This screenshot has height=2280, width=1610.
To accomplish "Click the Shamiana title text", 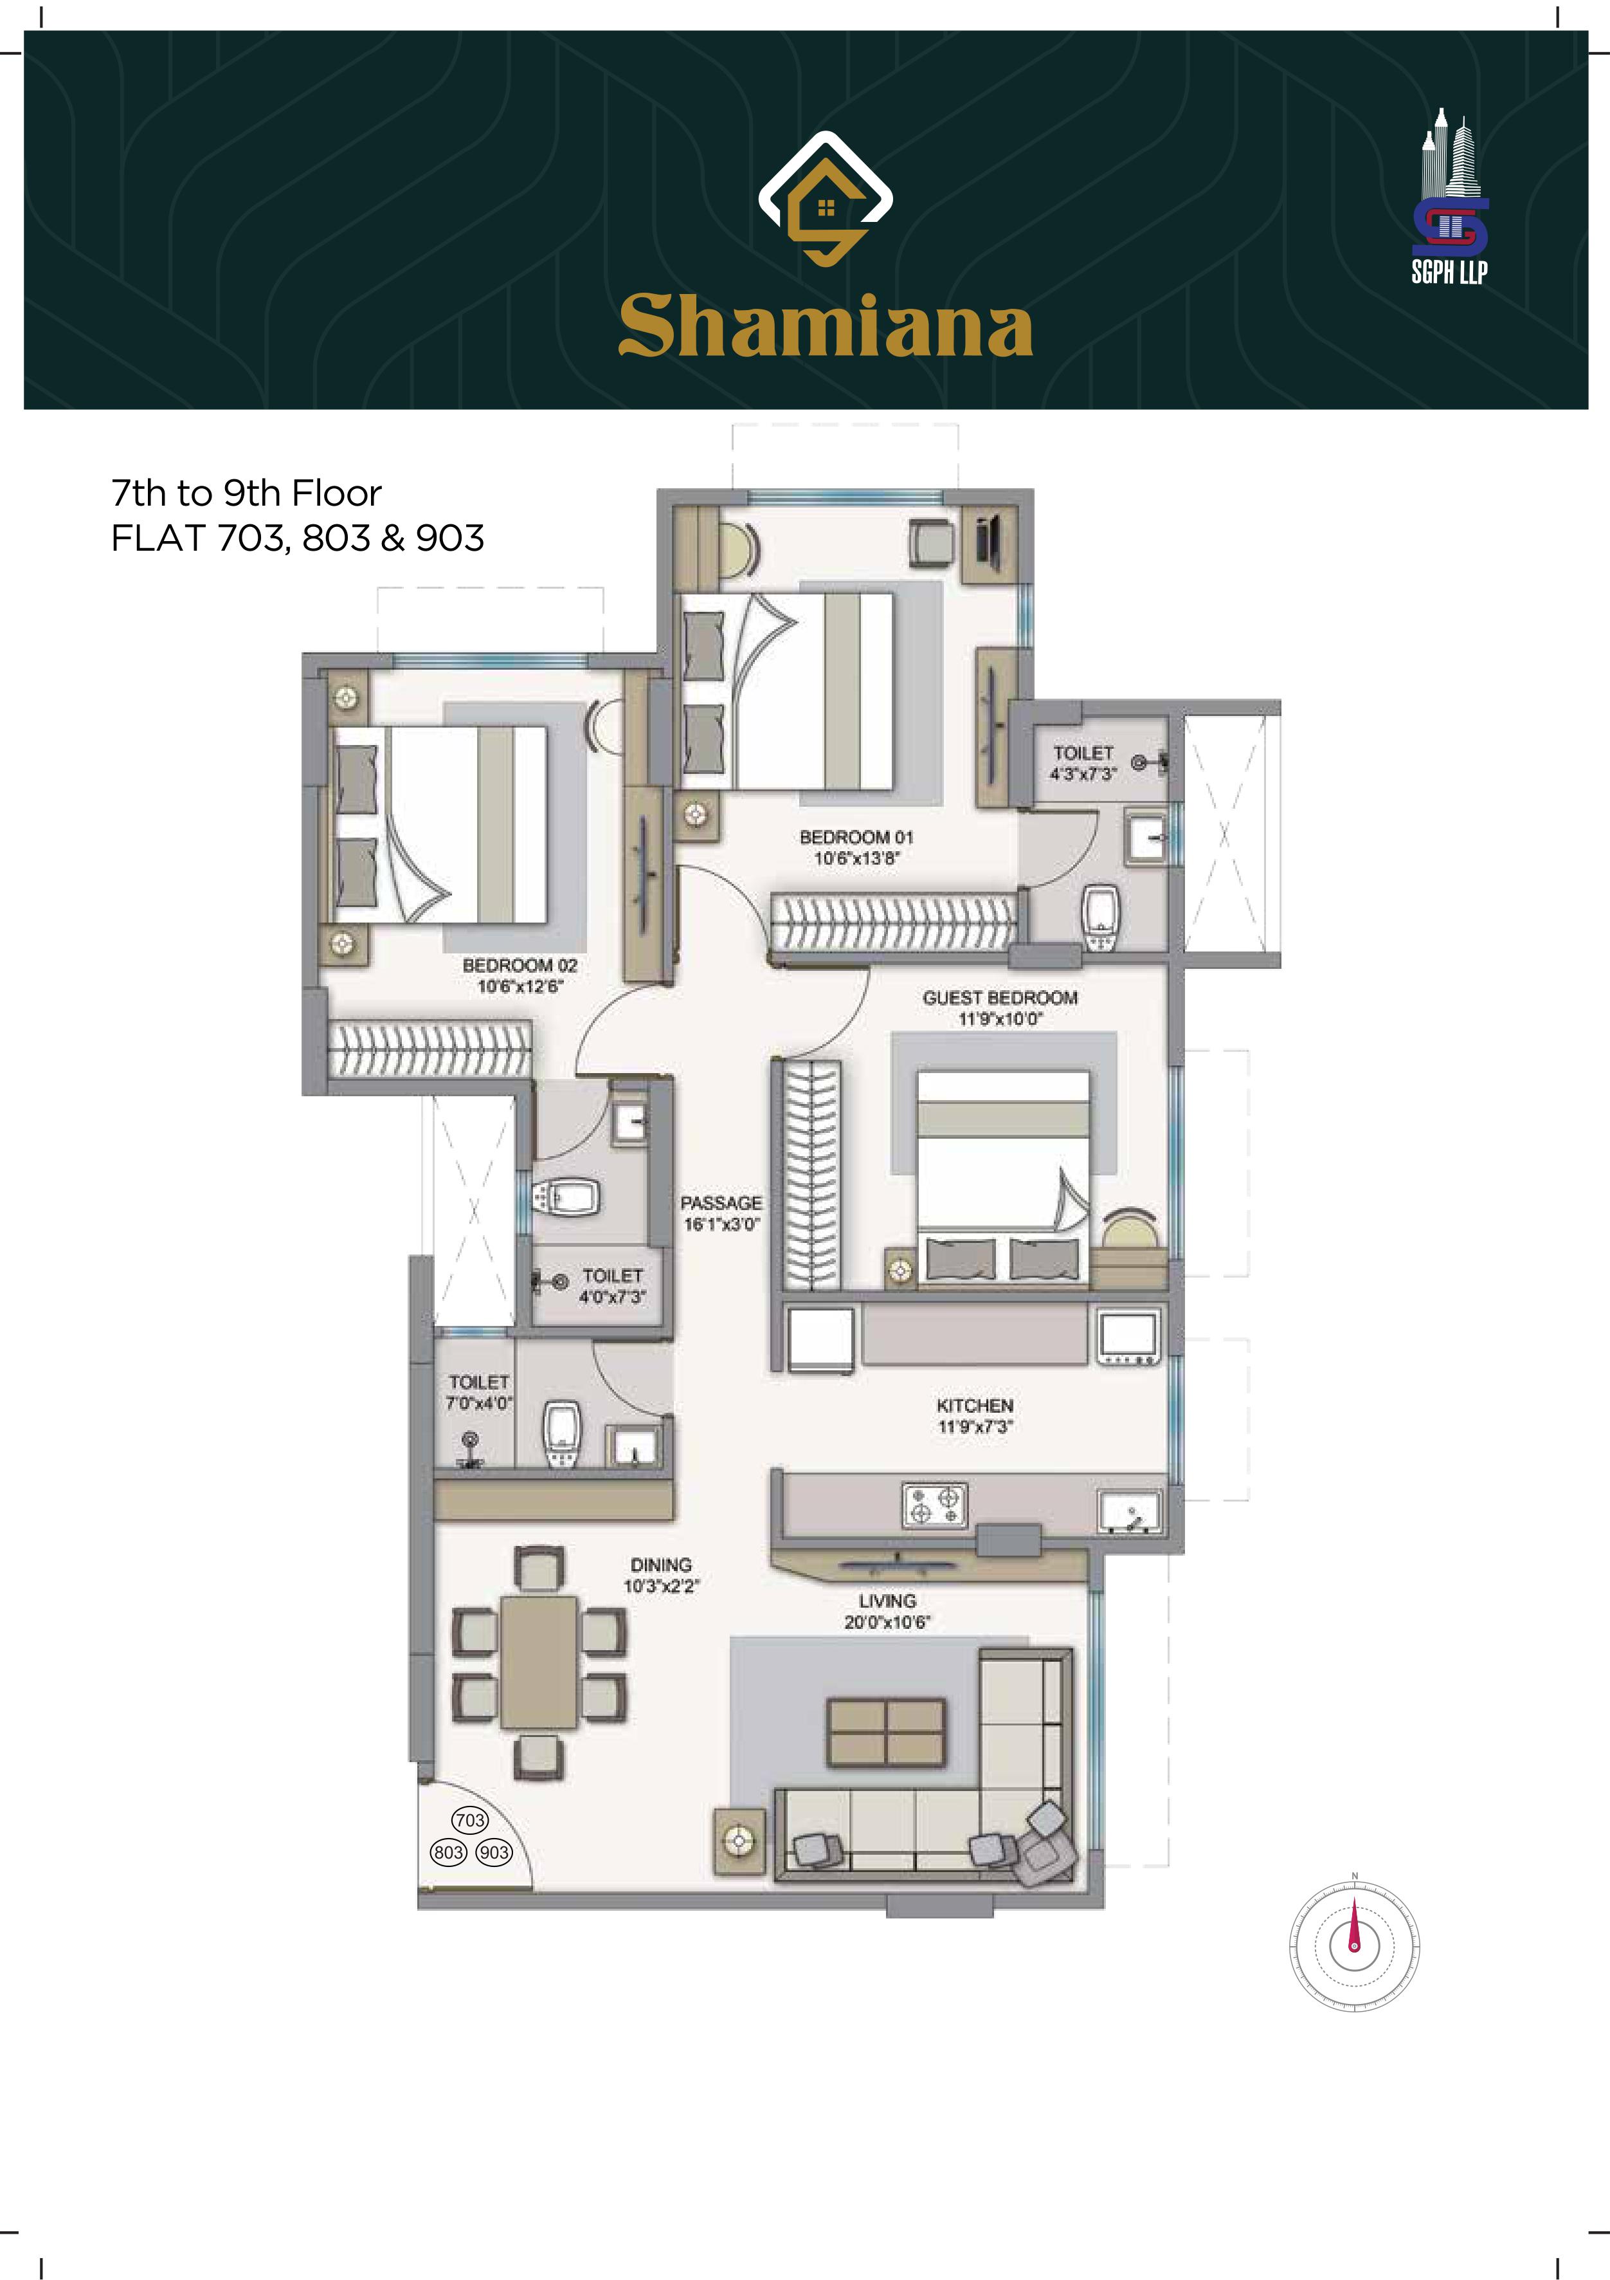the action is pos(825,326).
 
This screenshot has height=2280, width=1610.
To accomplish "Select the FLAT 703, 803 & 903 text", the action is pos(298,538).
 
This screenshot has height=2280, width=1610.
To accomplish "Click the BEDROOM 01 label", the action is pos(856,837).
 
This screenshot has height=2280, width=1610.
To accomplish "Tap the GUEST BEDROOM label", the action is pos(1000,998).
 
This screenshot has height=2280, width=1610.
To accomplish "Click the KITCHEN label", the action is pos(975,1406).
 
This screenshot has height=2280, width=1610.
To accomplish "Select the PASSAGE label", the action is pos(721,1202).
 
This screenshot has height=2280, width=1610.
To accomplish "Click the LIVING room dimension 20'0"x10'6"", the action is pos(887,1623).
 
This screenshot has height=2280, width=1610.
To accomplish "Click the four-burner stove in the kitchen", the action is pos(934,1503).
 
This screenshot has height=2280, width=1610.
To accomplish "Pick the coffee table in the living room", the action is pos(887,1733).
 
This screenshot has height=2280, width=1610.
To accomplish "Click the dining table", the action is pos(539,1662).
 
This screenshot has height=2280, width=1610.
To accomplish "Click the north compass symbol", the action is pos(1354,1942).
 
